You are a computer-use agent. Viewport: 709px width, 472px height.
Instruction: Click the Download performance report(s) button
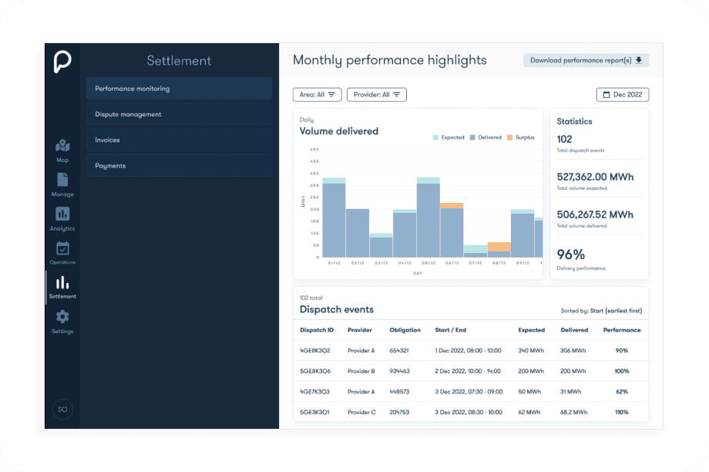click(x=586, y=60)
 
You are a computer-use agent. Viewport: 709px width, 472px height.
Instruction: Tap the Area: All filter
click(x=317, y=95)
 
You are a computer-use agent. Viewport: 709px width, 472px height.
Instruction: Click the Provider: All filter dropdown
click(x=376, y=95)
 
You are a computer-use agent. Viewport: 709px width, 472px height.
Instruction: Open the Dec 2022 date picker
click(x=622, y=95)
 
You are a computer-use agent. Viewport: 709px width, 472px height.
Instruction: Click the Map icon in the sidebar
click(x=62, y=146)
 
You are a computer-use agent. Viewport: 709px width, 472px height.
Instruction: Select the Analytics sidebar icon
click(x=62, y=214)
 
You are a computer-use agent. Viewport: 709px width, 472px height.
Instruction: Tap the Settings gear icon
click(x=62, y=317)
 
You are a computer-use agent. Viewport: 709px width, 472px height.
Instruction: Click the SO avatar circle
click(x=62, y=409)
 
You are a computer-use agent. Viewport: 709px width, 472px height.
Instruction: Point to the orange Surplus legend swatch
click(x=510, y=137)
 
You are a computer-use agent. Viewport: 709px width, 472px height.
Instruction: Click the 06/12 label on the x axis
click(x=452, y=263)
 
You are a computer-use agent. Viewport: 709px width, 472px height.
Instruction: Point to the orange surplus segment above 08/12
click(x=499, y=247)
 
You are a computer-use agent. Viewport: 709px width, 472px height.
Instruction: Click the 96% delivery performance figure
click(x=571, y=255)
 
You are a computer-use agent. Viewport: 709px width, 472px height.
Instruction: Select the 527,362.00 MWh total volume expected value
click(x=595, y=177)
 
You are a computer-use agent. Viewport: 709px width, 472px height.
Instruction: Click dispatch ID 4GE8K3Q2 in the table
click(x=315, y=350)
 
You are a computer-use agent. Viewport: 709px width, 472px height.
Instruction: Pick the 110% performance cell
click(x=621, y=412)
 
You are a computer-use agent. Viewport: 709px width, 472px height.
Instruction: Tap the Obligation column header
click(x=405, y=330)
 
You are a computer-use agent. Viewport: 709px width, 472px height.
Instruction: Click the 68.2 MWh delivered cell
click(x=573, y=412)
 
